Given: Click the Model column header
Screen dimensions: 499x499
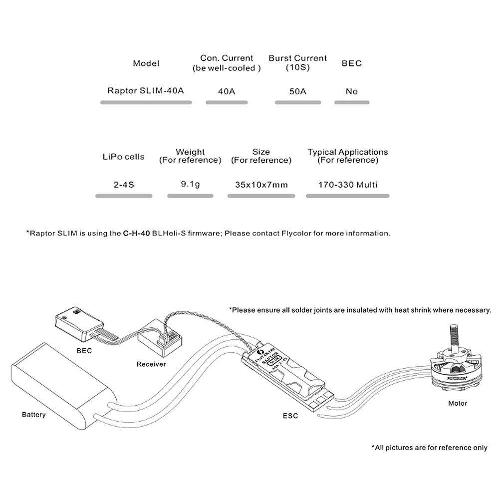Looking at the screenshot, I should click(146, 63).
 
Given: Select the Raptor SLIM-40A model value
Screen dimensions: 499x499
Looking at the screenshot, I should click(146, 91).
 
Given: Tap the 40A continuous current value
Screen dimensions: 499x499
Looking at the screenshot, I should click(227, 92).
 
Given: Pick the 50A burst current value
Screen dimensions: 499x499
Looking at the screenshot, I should click(297, 92).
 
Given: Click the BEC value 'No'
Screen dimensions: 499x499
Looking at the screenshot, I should click(352, 92).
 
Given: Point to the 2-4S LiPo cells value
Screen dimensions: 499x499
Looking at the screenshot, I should click(123, 185).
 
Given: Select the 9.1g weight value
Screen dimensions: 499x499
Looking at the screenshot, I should click(190, 184).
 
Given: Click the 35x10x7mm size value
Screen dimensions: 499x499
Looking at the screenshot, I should click(261, 185).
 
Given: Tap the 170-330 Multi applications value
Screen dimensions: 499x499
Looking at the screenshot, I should click(348, 185).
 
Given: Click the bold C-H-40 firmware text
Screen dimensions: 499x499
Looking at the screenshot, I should click(137, 233).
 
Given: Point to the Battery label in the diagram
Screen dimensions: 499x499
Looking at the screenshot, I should click(34, 415).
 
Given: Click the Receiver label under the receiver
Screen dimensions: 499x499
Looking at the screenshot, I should click(151, 364).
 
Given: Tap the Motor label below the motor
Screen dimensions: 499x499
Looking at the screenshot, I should click(458, 403).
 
